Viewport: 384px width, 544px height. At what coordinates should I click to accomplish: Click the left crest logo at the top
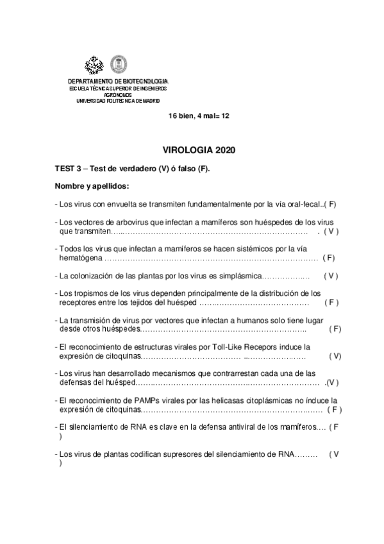94,64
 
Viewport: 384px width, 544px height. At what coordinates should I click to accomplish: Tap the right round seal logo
119,64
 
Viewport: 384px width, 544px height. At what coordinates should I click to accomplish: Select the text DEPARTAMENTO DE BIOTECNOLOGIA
118,81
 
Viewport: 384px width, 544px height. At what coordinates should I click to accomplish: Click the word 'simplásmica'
238,276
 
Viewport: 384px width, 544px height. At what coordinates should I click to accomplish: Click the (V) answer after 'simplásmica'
331,276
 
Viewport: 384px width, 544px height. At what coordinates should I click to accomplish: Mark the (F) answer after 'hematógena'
329,257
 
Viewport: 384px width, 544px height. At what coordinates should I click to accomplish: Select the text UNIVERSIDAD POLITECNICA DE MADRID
118,101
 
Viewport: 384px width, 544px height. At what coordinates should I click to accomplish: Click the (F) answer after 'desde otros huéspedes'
335,329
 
